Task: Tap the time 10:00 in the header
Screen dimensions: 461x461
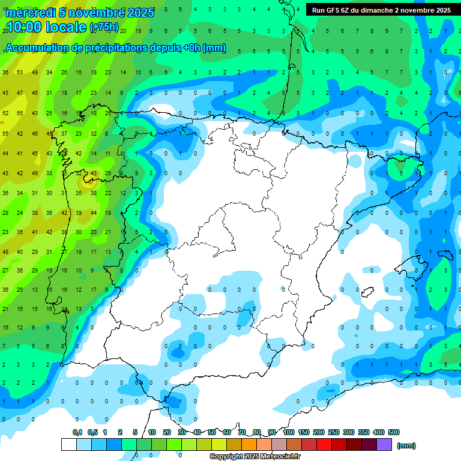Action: click(x=24, y=28)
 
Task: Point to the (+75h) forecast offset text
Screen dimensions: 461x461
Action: click(x=104, y=28)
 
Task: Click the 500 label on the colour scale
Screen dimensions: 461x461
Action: click(x=393, y=432)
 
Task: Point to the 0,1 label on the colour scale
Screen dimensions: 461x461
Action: click(x=77, y=432)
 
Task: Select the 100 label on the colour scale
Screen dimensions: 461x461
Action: click(x=288, y=432)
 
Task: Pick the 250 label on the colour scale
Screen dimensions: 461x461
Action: click(x=333, y=432)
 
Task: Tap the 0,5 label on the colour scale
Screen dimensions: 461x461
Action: click(x=92, y=432)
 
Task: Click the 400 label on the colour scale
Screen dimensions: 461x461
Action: click(x=378, y=432)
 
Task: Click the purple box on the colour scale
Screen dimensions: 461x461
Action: click(x=385, y=444)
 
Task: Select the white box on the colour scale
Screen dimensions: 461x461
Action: click(x=69, y=444)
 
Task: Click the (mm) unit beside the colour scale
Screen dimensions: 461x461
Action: click(x=407, y=445)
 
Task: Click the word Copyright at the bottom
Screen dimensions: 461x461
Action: click(x=227, y=457)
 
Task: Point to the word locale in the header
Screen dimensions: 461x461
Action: click(x=67, y=28)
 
